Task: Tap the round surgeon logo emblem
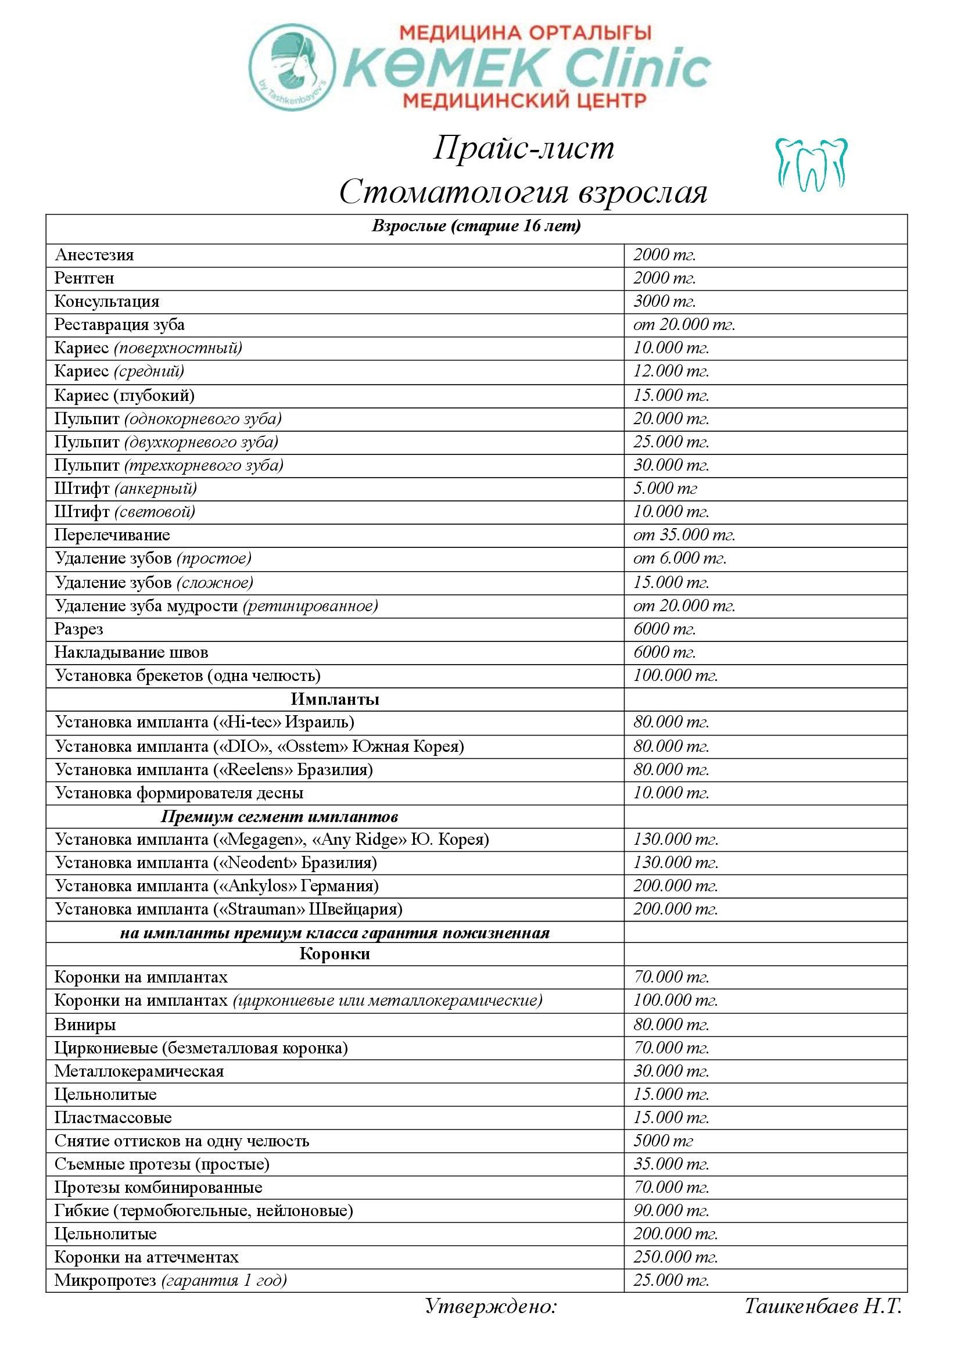(292, 66)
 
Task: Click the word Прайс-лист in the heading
(523, 148)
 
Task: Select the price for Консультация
(665, 302)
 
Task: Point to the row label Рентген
(84, 278)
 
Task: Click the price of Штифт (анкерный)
(665, 488)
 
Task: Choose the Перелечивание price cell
(684, 535)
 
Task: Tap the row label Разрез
(78, 629)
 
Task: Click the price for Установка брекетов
(675, 675)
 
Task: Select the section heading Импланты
(334, 699)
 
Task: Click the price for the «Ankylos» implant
(675, 886)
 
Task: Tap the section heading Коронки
(334, 953)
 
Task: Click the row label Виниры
(85, 1024)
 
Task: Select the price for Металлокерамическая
(671, 1071)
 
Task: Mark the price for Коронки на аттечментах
(675, 1257)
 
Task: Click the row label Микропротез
(105, 1281)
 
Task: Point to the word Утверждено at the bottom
(491, 1306)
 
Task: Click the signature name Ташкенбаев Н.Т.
(823, 1306)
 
